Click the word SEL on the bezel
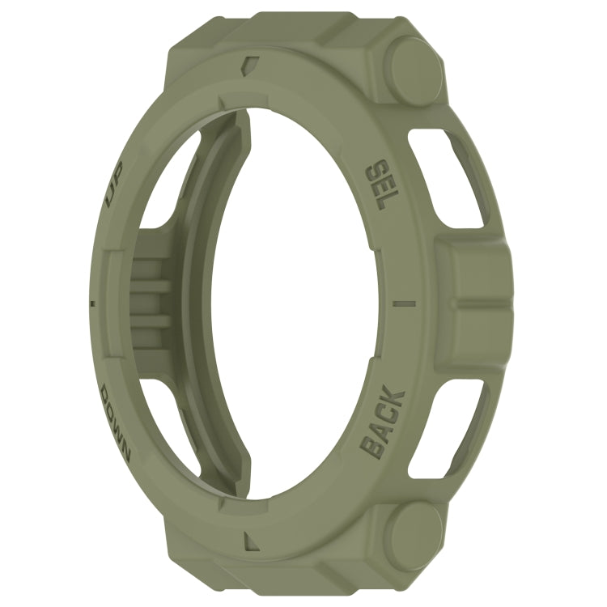pos(380,186)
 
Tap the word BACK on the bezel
pos(383,422)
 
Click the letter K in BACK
pos(395,397)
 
